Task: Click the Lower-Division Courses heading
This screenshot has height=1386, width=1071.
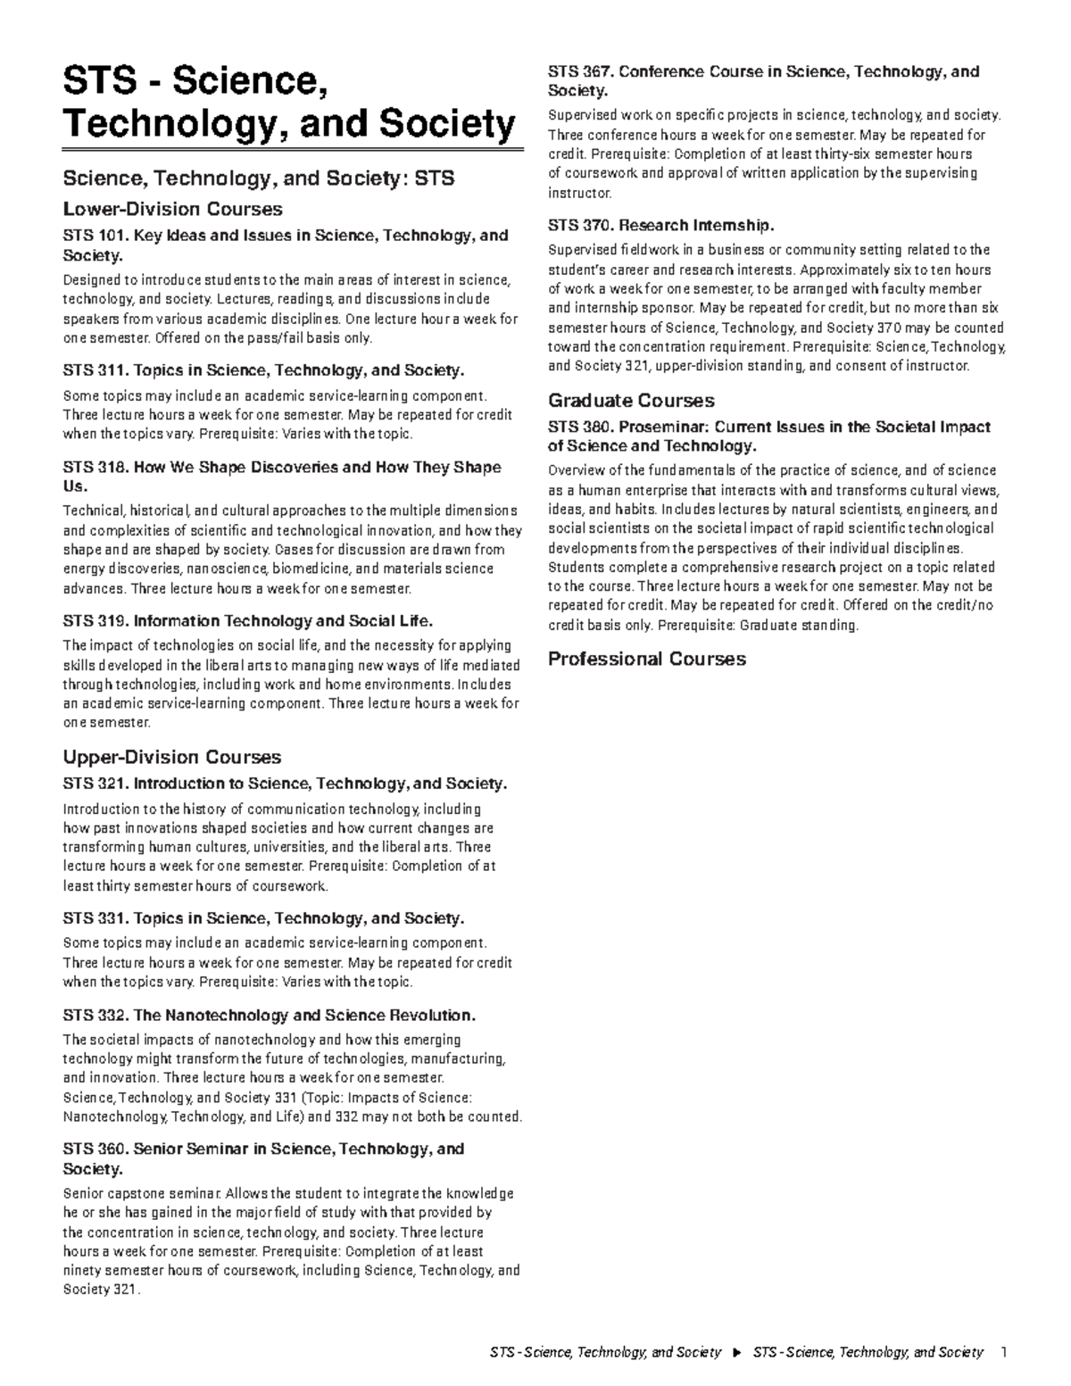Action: coord(172,209)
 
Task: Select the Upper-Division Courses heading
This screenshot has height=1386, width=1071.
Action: coord(171,757)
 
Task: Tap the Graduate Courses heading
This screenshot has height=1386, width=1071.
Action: coord(631,401)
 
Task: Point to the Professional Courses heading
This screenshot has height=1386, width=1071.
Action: coord(646,660)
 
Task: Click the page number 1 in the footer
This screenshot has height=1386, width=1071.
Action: coord(1004,1353)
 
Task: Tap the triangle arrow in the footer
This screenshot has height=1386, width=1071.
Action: coord(736,1353)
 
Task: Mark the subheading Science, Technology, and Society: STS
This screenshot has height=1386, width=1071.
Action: coord(258,178)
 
